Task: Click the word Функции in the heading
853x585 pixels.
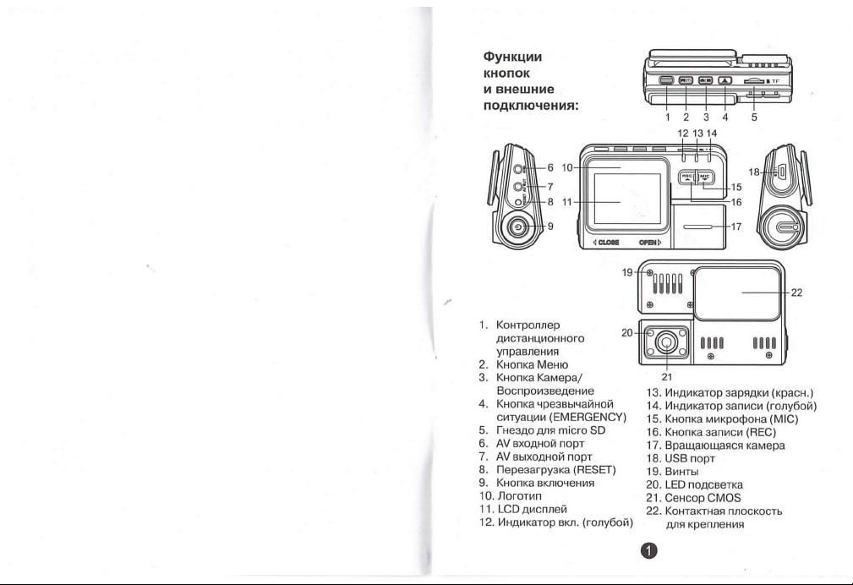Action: (x=512, y=57)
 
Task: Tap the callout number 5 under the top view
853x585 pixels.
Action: (x=754, y=117)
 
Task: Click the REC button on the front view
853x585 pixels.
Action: (x=686, y=178)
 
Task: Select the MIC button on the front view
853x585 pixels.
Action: (x=705, y=178)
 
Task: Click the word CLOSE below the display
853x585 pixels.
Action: (x=608, y=242)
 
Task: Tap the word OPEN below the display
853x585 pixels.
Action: (x=648, y=242)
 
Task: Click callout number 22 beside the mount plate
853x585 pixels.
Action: (x=796, y=292)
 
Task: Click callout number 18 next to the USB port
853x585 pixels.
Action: (x=754, y=172)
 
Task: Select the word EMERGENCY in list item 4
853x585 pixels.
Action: (x=588, y=418)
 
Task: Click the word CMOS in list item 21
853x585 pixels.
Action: (x=724, y=498)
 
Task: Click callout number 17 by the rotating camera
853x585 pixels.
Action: (x=736, y=227)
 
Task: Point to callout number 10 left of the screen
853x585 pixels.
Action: (x=567, y=167)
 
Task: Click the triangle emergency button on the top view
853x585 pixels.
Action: (x=725, y=80)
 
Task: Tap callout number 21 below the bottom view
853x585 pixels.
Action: (x=668, y=376)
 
